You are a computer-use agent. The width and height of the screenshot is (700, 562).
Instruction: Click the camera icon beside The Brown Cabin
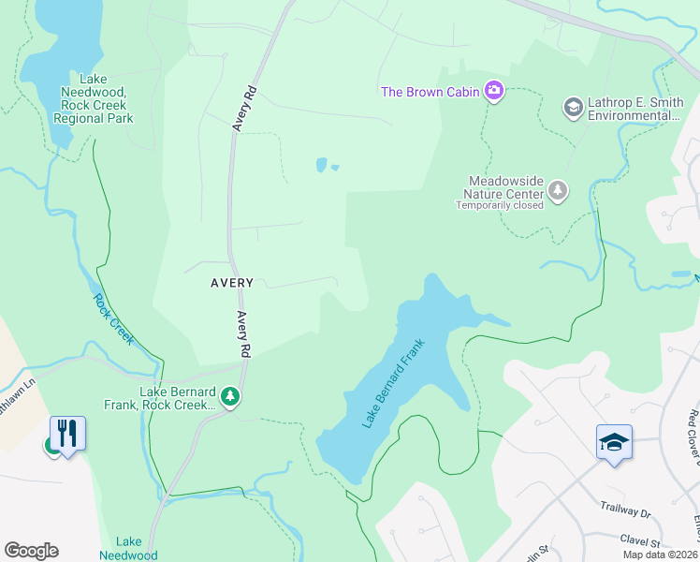tap(494, 91)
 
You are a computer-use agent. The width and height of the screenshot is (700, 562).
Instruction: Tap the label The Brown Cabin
tap(430, 92)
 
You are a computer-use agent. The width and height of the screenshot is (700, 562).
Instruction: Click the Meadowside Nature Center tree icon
tap(558, 192)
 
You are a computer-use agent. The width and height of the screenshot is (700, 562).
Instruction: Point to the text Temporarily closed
tap(500, 205)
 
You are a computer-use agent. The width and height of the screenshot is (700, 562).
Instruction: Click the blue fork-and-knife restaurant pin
tap(67, 433)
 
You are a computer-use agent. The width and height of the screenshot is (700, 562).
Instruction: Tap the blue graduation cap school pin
tap(614, 442)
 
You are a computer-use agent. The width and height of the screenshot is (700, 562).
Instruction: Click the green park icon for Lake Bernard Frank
tap(230, 398)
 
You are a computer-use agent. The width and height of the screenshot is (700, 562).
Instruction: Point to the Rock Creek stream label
tap(114, 319)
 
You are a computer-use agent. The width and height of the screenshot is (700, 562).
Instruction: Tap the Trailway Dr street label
tap(625, 513)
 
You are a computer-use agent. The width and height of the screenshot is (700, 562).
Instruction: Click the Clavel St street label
tap(640, 541)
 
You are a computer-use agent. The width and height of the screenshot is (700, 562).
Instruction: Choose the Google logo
tap(31, 551)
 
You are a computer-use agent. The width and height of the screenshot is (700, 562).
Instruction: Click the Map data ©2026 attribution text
tap(660, 555)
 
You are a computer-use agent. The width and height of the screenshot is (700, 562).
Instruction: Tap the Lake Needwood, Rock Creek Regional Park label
tap(97, 99)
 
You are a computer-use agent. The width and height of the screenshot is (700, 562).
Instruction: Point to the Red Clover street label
tap(693, 436)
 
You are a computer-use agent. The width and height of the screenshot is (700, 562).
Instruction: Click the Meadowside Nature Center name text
tap(506, 186)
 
